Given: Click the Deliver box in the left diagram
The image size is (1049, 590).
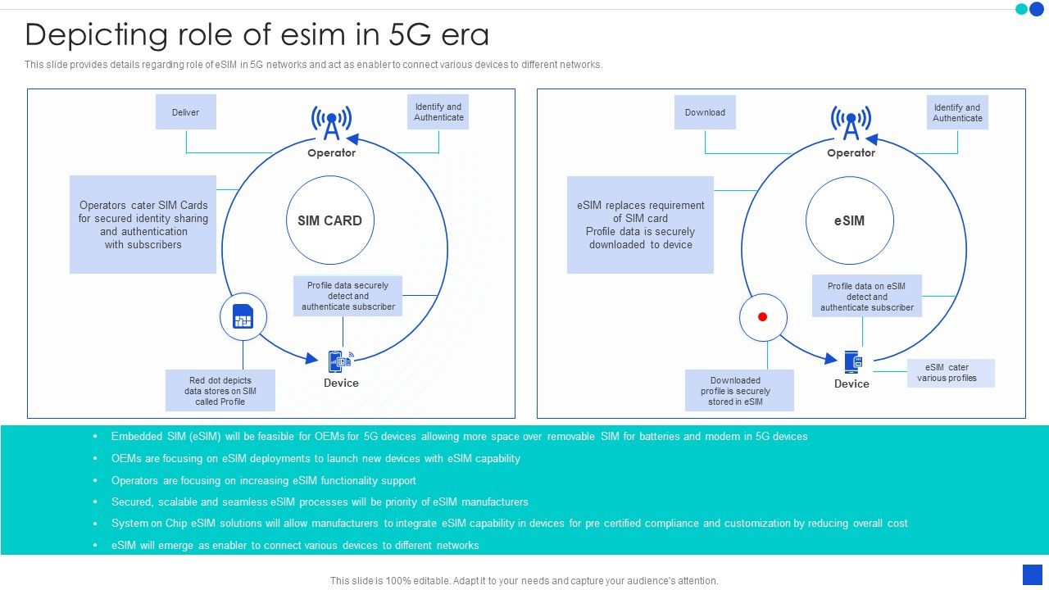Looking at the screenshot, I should pyautogui.click(x=186, y=112).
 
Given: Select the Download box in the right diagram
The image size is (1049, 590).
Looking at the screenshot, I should pyautogui.click(x=705, y=112).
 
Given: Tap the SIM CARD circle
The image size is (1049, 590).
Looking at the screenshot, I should pyautogui.click(x=329, y=220).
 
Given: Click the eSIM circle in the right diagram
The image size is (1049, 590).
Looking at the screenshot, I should pyautogui.click(x=849, y=220).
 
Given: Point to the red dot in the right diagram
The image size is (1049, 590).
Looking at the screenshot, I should pyautogui.click(x=762, y=316).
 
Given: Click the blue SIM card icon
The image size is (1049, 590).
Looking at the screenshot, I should pyautogui.click(x=243, y=316).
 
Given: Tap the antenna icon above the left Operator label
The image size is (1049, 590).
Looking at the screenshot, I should pyautogui.click(x=332, y=124).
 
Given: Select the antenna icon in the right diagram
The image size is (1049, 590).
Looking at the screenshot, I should pyautogui.click(x=851, y=124).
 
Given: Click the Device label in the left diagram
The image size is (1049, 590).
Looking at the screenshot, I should pyautogui.click(x=341, y=383).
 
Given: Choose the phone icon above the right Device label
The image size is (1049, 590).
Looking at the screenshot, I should pyautogui.click(x=853, y=361).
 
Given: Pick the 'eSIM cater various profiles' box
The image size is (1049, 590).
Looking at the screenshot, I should pyautogui.click(x=951, y=373).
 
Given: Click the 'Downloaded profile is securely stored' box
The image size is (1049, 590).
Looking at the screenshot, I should pyautogui.click(x=739, y=390).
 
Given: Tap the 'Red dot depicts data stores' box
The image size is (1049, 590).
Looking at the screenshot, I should pyautogui.click(x=220, y=390).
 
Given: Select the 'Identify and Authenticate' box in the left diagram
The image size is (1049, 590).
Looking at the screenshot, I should pyautogui.click(x=438, y=112).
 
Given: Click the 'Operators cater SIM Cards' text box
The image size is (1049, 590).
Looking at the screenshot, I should pyautogui.click(x=143, y=225).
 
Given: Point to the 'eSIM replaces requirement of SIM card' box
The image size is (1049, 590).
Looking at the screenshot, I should pyautogui.click(x=640, y=225).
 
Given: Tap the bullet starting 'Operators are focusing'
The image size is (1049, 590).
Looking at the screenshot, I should pyautogui.click(x=264, y=480).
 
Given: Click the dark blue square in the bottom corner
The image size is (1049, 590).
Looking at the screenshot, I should pyautogui.click(x=1032, y=574).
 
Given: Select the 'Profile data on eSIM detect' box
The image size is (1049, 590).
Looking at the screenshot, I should pyautogui.click(x=867, y=297).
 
